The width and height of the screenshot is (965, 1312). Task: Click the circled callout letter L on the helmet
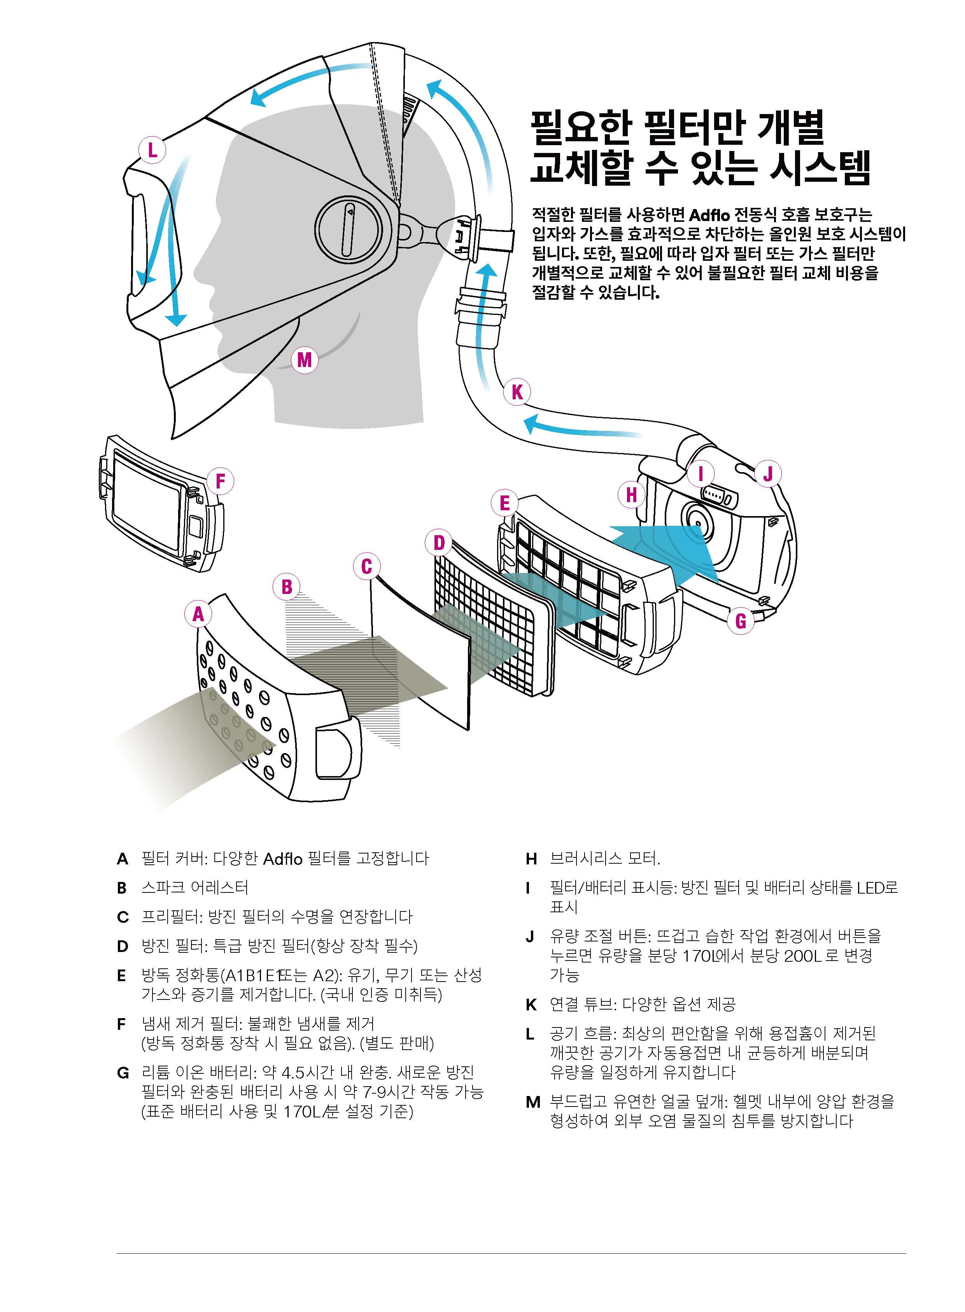coord(152,151)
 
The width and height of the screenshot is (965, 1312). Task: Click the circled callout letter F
coord(220,481)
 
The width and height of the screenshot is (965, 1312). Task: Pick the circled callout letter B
coord(287,587)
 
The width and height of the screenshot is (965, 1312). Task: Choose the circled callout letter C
coord(367,566)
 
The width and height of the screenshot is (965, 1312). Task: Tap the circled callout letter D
coord(439,543)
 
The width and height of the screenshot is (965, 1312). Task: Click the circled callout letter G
coord(741,621)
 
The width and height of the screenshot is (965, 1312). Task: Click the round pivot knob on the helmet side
coord(349,228)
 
